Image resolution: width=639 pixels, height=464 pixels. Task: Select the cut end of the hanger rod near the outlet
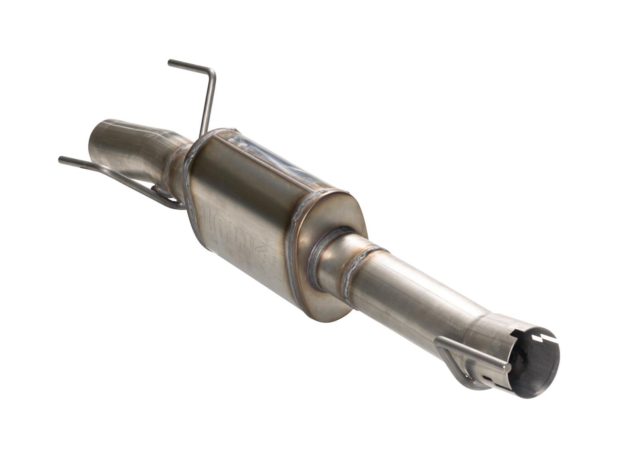tap(508, 366)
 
